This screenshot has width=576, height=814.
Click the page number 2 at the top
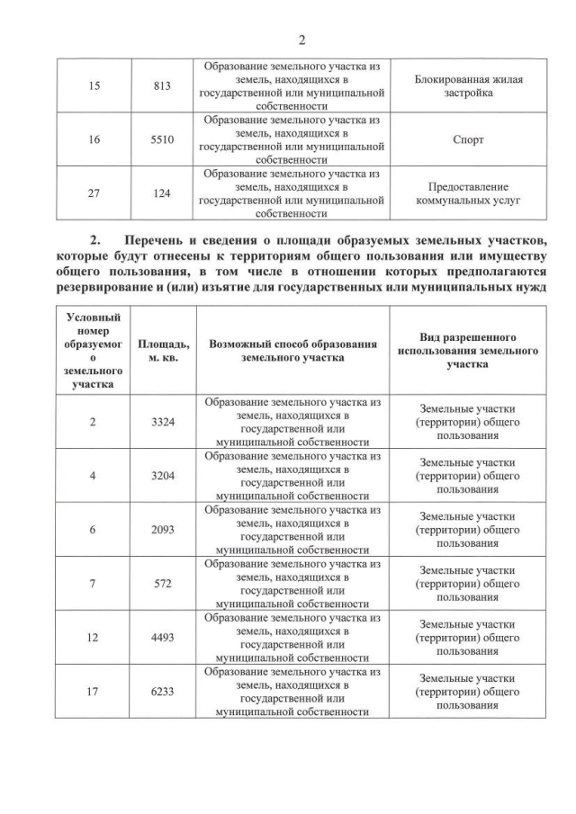301,40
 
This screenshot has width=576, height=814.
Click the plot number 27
93,193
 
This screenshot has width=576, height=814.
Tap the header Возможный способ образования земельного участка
292,351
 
